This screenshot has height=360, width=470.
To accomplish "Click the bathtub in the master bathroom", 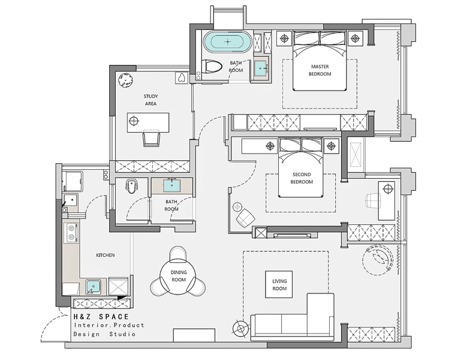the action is pyautogui.click(x=228, y=41).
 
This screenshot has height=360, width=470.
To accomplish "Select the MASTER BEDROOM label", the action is pyautogui.click(x=320, y=70).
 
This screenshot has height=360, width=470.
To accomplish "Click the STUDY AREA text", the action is pyautogui.click(x=151, y=100).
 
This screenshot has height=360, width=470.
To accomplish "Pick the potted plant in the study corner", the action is pyautogui.click(x=126, y=80).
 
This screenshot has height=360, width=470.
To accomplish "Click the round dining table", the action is pyautogui.click(x=179, y=276).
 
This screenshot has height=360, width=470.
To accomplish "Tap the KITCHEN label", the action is pyautogui.click(x=106, y=256).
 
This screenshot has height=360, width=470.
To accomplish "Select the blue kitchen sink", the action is pyautogui.click(x=94, y=287).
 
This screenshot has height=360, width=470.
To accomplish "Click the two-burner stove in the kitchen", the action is pyautogui.click(x=71, y=233).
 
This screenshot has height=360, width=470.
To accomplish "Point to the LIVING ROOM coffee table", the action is pyautogui.click(x=279, y=284).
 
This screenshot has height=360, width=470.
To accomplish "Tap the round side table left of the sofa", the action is pyautogui.click(x=240, y=329).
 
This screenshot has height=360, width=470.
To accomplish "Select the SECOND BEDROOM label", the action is pyautogui.click(x=302, y=178).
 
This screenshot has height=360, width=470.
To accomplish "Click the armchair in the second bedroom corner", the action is pyautogui.click(x=246, y=218).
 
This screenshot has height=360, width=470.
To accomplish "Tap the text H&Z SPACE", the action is pyautogui.click(x=102, y=317).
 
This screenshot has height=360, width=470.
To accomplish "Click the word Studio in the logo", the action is pyautogui.click(x=122, y=334).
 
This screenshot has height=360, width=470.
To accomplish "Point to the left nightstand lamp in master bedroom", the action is pyautogui.click(x=284, y=38).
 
